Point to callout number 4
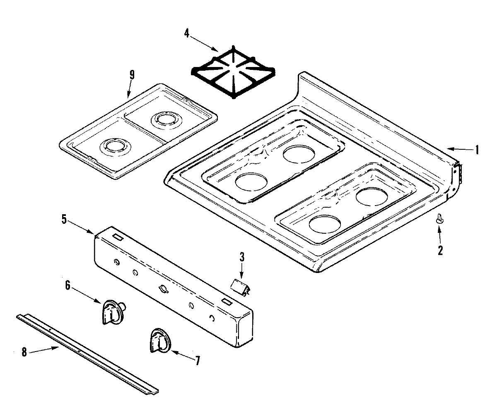pyautogui.click(x=187, y=33)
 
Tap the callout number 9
pyautogui.click(x=132, y=75)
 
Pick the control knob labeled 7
pyautogui.click(x=159, y=340)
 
